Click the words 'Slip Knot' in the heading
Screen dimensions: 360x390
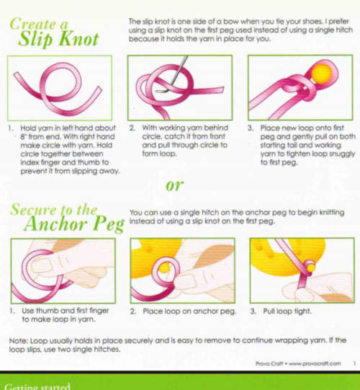pyautogui.click(x=58, y=40)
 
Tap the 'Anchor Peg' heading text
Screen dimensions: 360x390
pyautogui.click(x=74, y=224)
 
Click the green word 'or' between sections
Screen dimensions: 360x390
pyautogui.click(x=175, y=185)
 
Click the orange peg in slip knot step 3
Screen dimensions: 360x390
pyautogui.click(x=322, y=73)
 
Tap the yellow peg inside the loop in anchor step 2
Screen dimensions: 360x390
pyautogui.click(x=164, y=268)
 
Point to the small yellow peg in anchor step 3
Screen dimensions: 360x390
pyautogui.click(x=311, y=267)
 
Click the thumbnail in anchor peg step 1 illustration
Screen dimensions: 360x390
pyautogui.click(x=42, y=265)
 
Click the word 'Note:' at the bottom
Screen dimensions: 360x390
pyautogui.click(x=19, y=340)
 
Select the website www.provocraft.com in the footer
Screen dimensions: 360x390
pyautogui.click(x=315, y=363)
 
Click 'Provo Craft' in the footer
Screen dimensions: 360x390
pyautogui.click(x=269, y=363)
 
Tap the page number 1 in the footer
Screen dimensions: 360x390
pyautogui.click(x=354, y=363)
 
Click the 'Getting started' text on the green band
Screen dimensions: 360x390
pyautogui.click(x=37, y=386)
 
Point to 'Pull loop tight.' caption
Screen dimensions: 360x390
pyautogui.click(x=287, y=311)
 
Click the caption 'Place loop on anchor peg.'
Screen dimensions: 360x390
pyautogui.click(x=189, y=311)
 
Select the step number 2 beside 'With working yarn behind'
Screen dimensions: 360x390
pyautogui.click(x=132, y=128)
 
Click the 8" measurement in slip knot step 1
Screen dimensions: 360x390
pyautogui.click(x=23, y=136)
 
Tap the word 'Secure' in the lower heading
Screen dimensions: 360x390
pyautogui.click(x=33, y=210)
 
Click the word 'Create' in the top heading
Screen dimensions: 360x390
pyautogui.click(x=33, y=24)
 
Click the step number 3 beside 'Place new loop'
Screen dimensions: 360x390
pyautogui.click(x=251, y=128)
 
